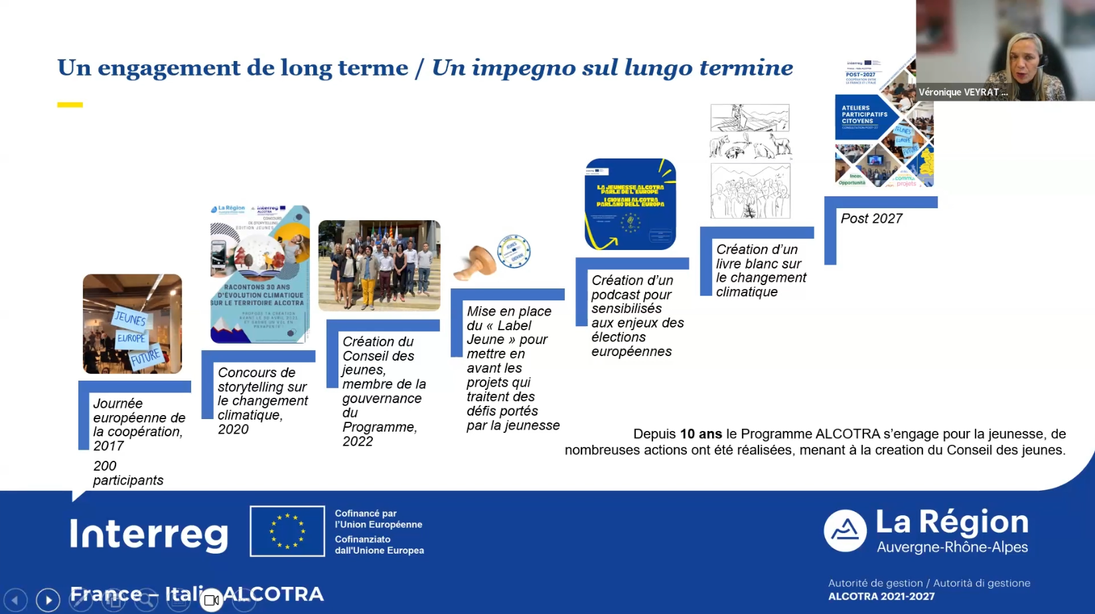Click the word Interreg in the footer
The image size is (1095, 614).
click(x=149, y=534)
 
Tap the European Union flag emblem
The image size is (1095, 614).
click(x=287, y=531)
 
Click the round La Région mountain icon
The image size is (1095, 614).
click(x=845, y=530)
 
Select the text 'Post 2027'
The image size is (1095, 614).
click(x=871, y=219)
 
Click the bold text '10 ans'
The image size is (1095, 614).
click(x=701, y=434)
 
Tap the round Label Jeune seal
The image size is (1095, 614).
click(x=514, y=251)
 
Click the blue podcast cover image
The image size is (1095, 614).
click(x=630, y=204)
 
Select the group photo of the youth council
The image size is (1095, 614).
click(x=379, y=265)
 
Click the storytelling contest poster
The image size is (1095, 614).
click(x=260, y=274)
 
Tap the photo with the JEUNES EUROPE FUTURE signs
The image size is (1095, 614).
click(x=132, y=324)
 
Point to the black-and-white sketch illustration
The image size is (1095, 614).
click(x=750, y=161)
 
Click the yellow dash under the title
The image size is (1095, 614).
click(x=70, y=105)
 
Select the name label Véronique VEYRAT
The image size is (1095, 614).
click(x=962, y=92)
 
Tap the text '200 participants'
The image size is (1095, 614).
click(x=127, y=473)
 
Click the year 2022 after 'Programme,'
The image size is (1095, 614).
click(x=358, y=442)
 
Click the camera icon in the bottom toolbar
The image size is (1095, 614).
click(x=212, y=600)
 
